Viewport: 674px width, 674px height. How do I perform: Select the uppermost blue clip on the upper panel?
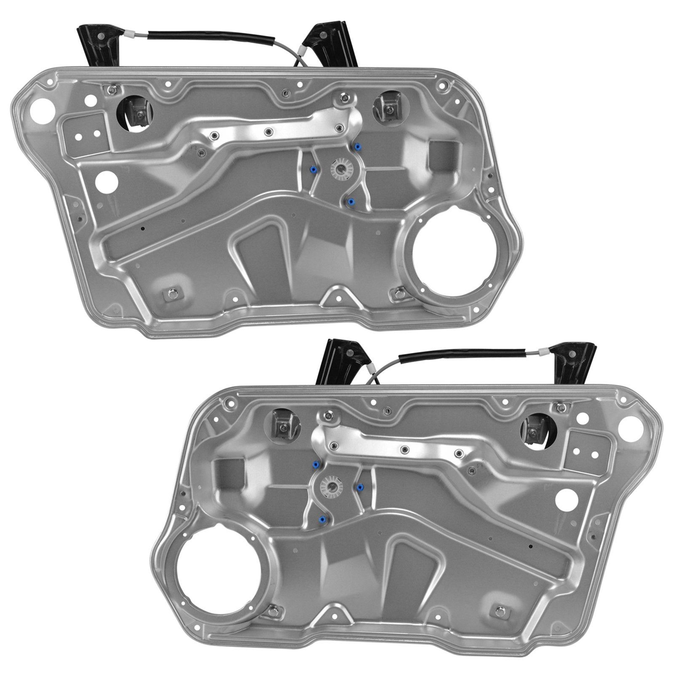click(358, 147)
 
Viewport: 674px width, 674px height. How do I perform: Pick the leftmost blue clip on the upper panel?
click(313, 169)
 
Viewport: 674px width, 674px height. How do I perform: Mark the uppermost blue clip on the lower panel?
click(315, 465)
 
